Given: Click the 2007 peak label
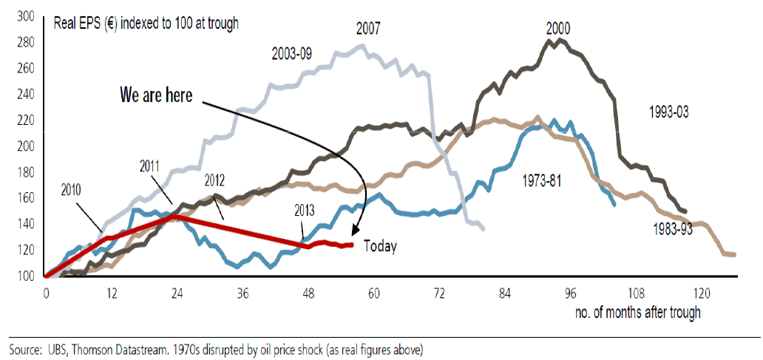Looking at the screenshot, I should [369, 29].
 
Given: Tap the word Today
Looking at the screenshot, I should [380, 247].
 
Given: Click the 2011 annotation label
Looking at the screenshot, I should [151, 167].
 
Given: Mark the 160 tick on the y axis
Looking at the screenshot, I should [25, 198].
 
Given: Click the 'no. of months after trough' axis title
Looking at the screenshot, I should [637, 312].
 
